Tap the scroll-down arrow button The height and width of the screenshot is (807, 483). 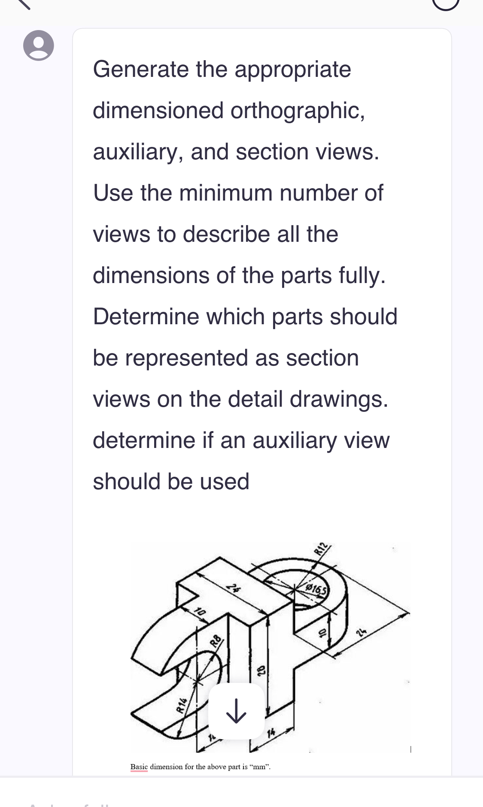click(236, 711)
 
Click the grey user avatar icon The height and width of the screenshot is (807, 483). click(39, 46)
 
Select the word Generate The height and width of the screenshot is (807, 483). click(141, 70)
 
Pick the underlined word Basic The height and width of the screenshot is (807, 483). click(139, 767)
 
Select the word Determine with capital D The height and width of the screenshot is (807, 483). click(146, 317)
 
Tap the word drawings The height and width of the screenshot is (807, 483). click(339, 399)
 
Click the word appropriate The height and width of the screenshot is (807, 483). click(292, 70)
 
